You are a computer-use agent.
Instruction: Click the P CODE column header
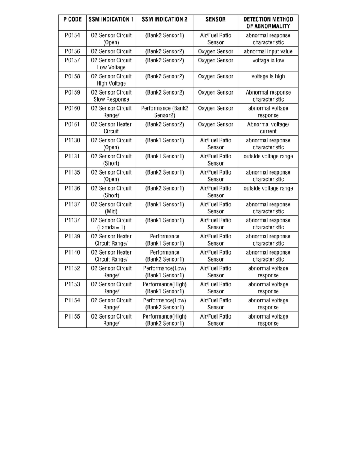(x=73, y=19)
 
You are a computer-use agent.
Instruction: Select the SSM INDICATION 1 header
(x=111, y=19)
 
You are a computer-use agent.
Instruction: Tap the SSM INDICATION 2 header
(x=164, y=19)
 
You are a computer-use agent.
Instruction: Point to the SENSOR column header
(x=215, y=19)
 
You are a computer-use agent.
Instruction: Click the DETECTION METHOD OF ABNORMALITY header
(x=268, y=23)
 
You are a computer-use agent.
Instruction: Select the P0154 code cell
(x=73, y=35)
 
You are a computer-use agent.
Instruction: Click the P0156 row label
(x=73, y=51)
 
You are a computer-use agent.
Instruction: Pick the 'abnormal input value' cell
(x=268, y=51)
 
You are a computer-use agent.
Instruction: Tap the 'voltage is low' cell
(x=268, y=60)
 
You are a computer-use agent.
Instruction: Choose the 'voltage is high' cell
(x=268, y=76)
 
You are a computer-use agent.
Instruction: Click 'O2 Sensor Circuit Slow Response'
(x=111, y=96)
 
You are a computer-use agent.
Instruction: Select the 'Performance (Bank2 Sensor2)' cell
(x=164, y=112)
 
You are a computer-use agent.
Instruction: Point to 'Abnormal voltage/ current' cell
(x=268, y=128)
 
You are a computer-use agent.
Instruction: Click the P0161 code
(x=73, y=124)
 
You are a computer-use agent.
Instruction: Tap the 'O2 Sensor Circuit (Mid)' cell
(x=111, y=208)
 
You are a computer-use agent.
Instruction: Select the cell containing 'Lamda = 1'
(x=111, y=224)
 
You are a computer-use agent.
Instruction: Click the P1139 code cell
(x=73, y=237)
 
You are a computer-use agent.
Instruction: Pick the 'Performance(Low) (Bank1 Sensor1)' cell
(x=164, y=272)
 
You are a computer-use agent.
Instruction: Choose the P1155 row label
(x=73, y=317)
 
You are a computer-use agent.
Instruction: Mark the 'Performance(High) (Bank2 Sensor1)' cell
(x=164, y=320)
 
